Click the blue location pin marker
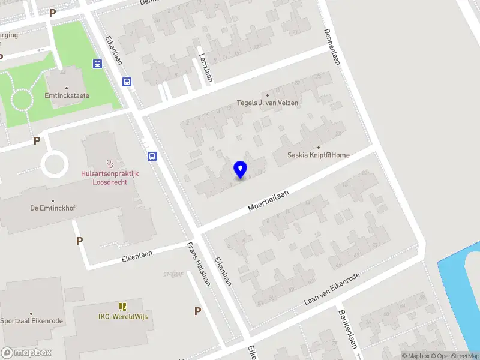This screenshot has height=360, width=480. (240, 169)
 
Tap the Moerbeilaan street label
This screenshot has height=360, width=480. (269, 200)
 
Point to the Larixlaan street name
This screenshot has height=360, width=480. (206, 67)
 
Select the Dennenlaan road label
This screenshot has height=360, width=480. (332, 47)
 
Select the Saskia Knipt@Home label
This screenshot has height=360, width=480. (319, 155)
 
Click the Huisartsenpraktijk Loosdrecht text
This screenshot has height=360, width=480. (110, 178)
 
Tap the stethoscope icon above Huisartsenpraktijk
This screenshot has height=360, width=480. (110, 163)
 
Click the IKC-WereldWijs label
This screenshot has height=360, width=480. (123, 316)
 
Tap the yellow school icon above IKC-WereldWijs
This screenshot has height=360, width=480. (123, 307)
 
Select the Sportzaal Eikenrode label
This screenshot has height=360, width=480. (31, 321)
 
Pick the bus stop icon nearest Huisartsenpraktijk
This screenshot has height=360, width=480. (152, 157)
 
